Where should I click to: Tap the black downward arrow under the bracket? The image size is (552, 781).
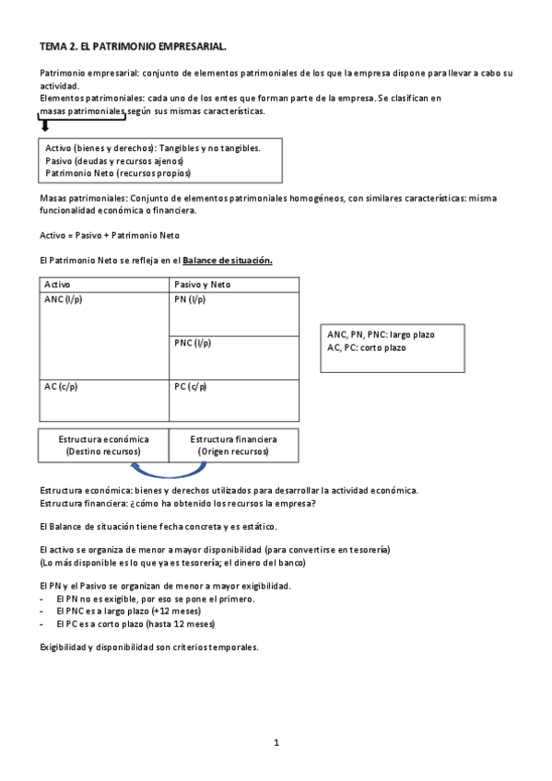coord(44,125)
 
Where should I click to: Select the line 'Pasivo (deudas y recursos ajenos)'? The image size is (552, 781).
coord(113,160)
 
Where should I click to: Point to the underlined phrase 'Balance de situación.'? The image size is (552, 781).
coord(228,261)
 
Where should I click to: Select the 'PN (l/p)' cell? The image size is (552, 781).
coord(190,300)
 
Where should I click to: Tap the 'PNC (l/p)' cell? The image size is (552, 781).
coord(193,343)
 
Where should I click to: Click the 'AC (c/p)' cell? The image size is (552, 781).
coord(61,387)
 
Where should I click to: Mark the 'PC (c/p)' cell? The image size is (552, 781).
coord(190,387)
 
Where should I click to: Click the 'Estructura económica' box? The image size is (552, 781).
coord(103,445)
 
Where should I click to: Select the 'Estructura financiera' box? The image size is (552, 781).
coord(233,445)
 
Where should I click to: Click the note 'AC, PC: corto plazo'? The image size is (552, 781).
coord(366,347)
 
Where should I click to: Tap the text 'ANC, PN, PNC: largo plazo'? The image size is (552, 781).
coord(381,334)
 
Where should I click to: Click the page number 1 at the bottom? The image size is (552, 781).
coord(276,742)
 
